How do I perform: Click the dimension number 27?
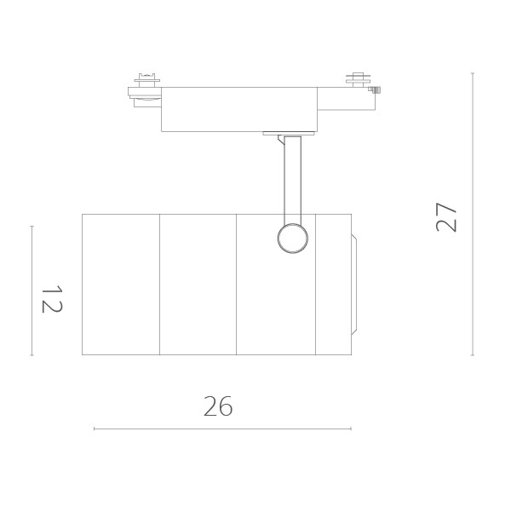pos(446,217)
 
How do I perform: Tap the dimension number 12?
pos(52,299)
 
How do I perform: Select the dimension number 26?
pos(218,406)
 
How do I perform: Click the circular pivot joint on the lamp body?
pos(293,239)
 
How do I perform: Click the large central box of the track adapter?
pos(239,109)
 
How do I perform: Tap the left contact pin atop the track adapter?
pos(147,80)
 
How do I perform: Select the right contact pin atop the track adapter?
pos(359,80)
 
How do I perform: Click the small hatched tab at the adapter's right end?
pos(375,89)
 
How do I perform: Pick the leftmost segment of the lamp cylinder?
pos(120,285)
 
